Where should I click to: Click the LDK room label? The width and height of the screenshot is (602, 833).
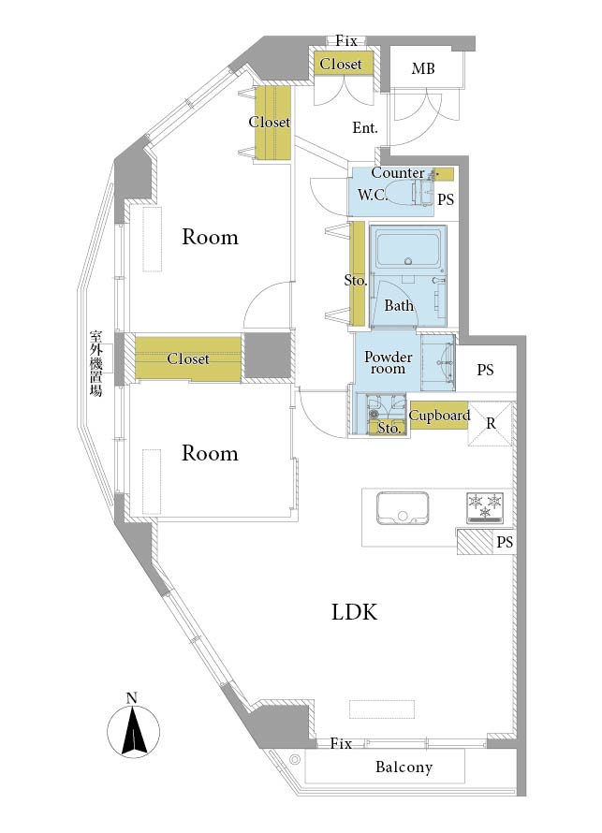[355, 612]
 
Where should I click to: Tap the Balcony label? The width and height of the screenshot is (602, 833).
[404, 767]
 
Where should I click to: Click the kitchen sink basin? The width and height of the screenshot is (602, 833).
[403, 508]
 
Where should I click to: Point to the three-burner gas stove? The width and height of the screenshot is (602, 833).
[485, 506]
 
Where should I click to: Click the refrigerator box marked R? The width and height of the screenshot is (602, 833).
[490, 424]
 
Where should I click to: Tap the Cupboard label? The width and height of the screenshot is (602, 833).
[439, 416]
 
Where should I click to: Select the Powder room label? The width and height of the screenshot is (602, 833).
[388, 363]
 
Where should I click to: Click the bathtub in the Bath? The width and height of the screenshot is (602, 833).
[407, 249]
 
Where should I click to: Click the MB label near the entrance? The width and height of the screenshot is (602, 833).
[423, 68]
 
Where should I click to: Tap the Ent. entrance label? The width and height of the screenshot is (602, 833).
[365, 127]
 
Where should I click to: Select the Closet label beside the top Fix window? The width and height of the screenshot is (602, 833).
[341, 64]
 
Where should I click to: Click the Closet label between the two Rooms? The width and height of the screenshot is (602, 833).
[188, 358]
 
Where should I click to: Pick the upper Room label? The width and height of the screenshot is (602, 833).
[210, 237]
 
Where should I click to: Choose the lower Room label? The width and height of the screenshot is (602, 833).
[210, 453]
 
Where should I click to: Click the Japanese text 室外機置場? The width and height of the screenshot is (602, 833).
[95, 363]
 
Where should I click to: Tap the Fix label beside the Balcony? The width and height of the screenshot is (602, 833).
[341, 744]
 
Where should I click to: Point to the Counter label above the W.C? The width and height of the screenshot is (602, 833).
[398, 172]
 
